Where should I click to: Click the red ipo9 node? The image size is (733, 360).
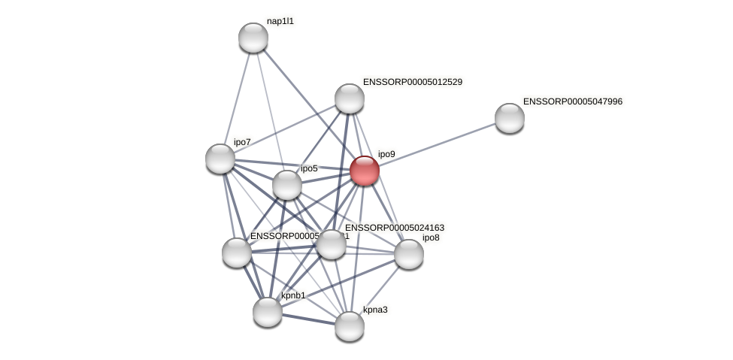pos(365,171)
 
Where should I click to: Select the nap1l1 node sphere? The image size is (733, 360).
pos(253,38)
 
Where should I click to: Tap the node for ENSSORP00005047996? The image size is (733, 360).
pos(510,118)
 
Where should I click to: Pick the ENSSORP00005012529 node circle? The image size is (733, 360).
pos(350,98)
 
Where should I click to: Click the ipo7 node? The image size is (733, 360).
pos(220,159)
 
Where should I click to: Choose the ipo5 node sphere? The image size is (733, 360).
pos(287,185)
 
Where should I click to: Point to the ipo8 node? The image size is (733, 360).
pos(409,254)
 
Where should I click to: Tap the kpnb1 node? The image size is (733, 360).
pos(268,312)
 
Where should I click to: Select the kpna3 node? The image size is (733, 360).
pos(350,326)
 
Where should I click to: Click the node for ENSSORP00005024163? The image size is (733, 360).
pos(332,244)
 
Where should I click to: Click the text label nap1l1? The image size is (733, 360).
pos(280,21)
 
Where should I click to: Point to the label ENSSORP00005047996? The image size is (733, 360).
pos(572,101)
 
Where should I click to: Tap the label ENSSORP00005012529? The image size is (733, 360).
pos(412,82)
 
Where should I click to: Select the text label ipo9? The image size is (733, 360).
pos(386,154)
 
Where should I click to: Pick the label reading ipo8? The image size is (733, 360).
pos(431,238)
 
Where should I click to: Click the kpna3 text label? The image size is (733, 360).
pos(375,310)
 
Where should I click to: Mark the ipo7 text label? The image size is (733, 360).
pos(242,142)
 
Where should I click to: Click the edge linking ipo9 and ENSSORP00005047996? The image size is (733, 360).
pos(437,144)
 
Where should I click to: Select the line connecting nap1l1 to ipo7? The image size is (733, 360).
pos(237,98)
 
